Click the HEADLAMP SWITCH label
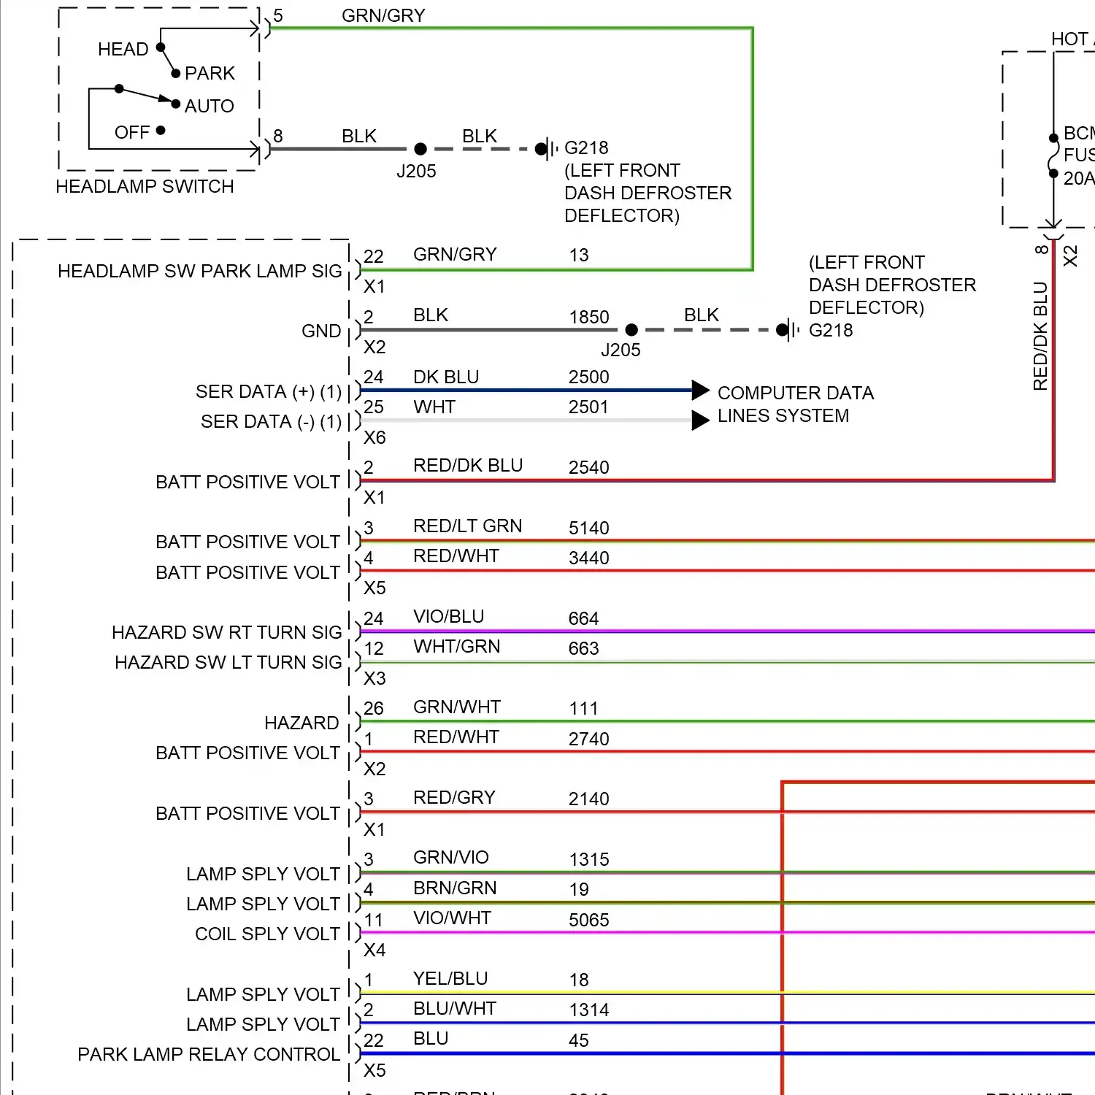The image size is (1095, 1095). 145,187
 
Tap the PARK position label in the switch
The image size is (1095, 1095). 210,74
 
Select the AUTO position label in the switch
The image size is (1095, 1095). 209,107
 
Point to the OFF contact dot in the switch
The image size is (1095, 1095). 161,131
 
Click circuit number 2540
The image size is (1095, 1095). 588,467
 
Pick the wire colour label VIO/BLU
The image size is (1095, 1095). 448,617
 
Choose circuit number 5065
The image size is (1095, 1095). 588,920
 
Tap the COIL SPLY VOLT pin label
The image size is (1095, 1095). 267,934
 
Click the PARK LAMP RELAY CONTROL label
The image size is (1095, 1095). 209,1055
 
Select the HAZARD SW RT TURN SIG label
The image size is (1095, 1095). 226,633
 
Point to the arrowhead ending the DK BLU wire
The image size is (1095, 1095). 700,391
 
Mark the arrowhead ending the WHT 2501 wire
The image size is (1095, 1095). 700,420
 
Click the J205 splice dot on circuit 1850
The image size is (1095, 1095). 631,330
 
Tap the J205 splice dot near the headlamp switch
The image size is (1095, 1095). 420,149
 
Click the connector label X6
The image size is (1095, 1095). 374,438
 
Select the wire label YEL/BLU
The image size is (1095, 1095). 450,979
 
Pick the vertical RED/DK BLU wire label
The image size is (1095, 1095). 1040,336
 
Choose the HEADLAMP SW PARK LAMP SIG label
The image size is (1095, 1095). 199,272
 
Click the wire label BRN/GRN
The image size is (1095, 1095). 454,888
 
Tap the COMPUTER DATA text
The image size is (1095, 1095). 795,393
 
